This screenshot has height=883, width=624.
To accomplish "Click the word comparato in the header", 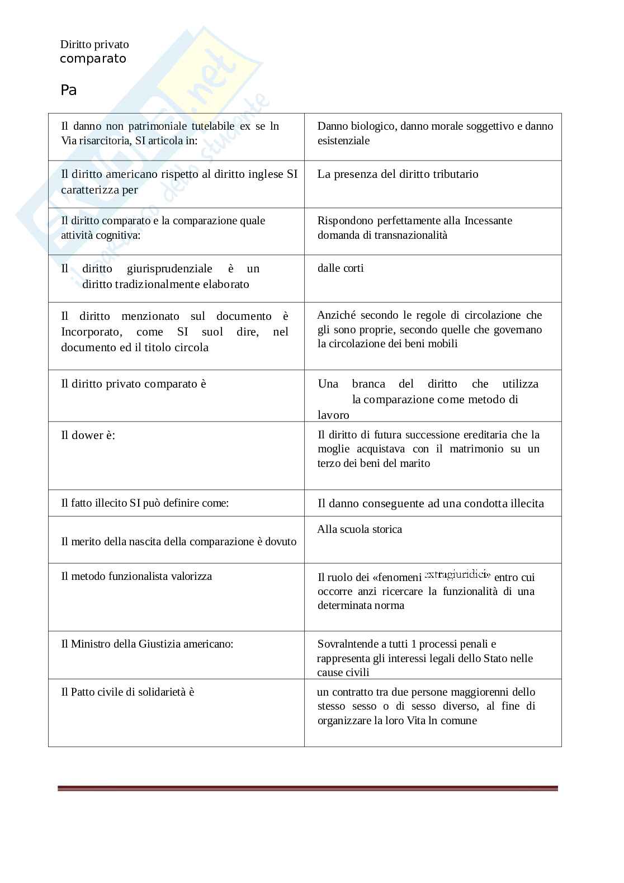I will pyautogui.click(x=93, y=59).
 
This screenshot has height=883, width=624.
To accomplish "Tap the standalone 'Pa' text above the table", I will pyautogui.click(x=68, y=90).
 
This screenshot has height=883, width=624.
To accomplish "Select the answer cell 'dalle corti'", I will pyautogui.click(x=341, y=268).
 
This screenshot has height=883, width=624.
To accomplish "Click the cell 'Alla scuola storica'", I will pyautogui.click(x=360, y=529).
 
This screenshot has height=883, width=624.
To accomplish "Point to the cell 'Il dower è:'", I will pyautogui.click(x=88, y=435).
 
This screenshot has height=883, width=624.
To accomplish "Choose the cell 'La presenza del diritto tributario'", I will pyautogui.click(x=398, y=174).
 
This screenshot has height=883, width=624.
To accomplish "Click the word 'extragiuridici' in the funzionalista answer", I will pyautogui.click(x=457, y=574).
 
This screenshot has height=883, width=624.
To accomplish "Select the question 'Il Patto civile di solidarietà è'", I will pyautogui.click(x=127, y=692).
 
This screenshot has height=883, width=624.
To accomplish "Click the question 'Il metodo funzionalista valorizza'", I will pyautogui.click(x=136, y=576).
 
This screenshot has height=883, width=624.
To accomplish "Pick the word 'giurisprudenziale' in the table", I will pyautogui.click(x=169, y=268).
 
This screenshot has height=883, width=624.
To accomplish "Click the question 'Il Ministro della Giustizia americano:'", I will pyautogui.click(x=147, y=644).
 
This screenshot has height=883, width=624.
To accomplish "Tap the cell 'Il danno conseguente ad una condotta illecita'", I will pyautogui.click(x=431, y=503).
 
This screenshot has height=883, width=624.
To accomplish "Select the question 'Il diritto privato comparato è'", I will pyautogui.click(x=134, y=384).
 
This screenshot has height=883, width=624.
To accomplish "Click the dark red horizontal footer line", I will pyautogui.click(x=308, y=788).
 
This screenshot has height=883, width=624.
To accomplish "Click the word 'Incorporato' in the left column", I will pyautogui.click(x=91, y=332).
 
